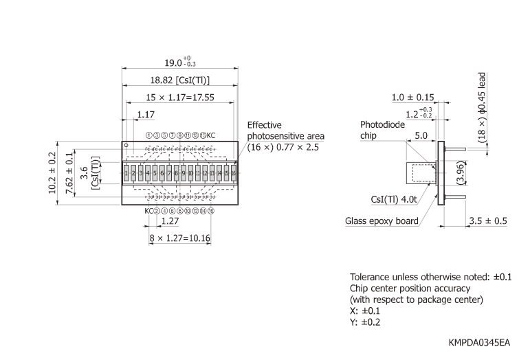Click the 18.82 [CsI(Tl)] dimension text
180,80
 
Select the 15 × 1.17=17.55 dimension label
180,98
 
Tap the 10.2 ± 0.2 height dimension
54,173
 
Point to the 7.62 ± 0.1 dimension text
69,173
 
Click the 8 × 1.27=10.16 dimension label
180,238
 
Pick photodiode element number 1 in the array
126,174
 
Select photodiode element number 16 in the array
234,174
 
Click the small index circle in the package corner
126,146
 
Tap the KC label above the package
211,135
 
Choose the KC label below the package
148,211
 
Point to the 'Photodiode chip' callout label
382,130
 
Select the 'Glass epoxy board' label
382,221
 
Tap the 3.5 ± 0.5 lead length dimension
488,221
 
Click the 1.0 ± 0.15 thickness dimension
412,98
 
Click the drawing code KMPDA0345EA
480,341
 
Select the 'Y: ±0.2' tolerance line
366,322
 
